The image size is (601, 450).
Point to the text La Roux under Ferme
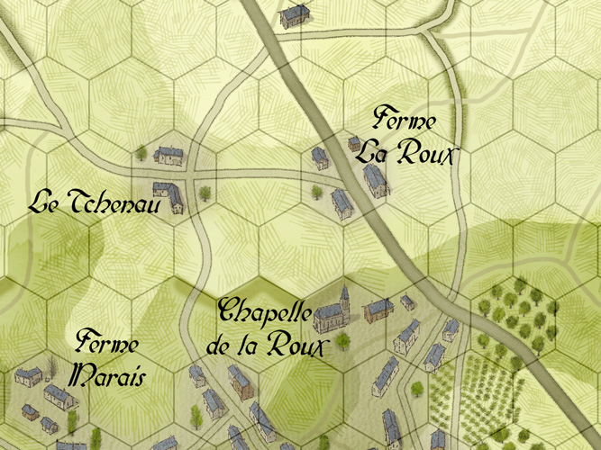pyautogui.click(x=402, y=152)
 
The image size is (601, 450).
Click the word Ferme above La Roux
pyautogui.click(x=405, y=121)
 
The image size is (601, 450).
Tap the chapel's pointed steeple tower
pyautogui.click(x=343, y=297)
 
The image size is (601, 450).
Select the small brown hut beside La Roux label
pyautogui.click(x=354, y=144)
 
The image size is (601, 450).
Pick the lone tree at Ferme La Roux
pyautogui.click(x=317, y=191)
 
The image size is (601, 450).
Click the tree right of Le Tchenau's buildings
pyautogui.click(x=205, y=192)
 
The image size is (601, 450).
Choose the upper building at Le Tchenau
pyautogui.click(x=168, y=155)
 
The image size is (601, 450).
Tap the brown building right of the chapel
pyautogui.click(x=378, y=310)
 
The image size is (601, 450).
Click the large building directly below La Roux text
pyautogui.click(x=375, y=179)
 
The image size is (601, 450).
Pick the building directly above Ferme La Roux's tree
pyautogui.click(x=320, y=157)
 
